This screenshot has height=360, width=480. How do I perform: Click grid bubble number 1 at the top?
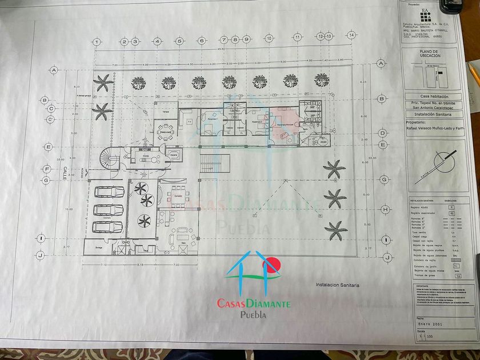[x=98, y=42]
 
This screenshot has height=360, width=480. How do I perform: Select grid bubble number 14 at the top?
[x=351, y=35]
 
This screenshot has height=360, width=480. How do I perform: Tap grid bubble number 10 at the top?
[x=269, y=38]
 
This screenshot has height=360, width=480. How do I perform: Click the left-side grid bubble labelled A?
[x=55, y=70]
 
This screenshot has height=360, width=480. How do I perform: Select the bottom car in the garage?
[x=107, y=227]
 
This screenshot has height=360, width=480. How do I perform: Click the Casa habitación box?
[x=434, y=97]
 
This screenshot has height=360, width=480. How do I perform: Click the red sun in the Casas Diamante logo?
[x=271, y=265]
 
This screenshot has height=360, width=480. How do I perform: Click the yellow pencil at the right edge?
[x=474, y=74]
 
